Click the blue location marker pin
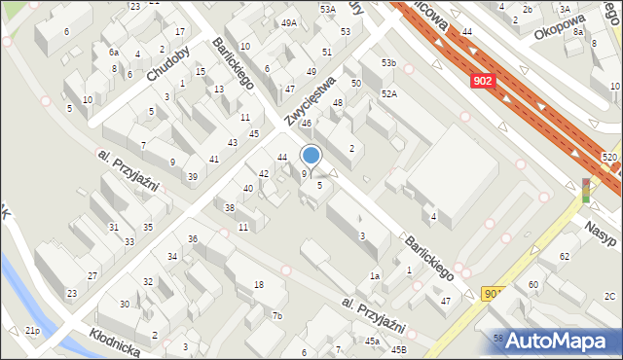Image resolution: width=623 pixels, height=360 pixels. tap(311, 155)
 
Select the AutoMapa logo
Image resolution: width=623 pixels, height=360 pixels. tap(559, 340)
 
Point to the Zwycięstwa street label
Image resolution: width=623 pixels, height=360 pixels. tap(310, 101)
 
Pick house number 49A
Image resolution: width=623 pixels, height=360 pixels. tap(289, 23)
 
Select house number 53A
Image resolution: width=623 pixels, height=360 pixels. tap(327, 9)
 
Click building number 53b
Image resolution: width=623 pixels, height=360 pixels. tap(389, 63)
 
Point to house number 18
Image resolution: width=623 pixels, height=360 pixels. tap(258, 284)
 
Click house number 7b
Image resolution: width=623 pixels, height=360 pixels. tap(277, 315)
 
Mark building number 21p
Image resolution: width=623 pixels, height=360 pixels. tap(33, 332)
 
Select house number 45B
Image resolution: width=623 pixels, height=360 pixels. tap(399, 349)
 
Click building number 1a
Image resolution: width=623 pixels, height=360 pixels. tap(374, 276)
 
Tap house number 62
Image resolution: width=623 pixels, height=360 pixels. tap(564, 256)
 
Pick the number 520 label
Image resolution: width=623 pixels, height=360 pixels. tap(610, 157)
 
